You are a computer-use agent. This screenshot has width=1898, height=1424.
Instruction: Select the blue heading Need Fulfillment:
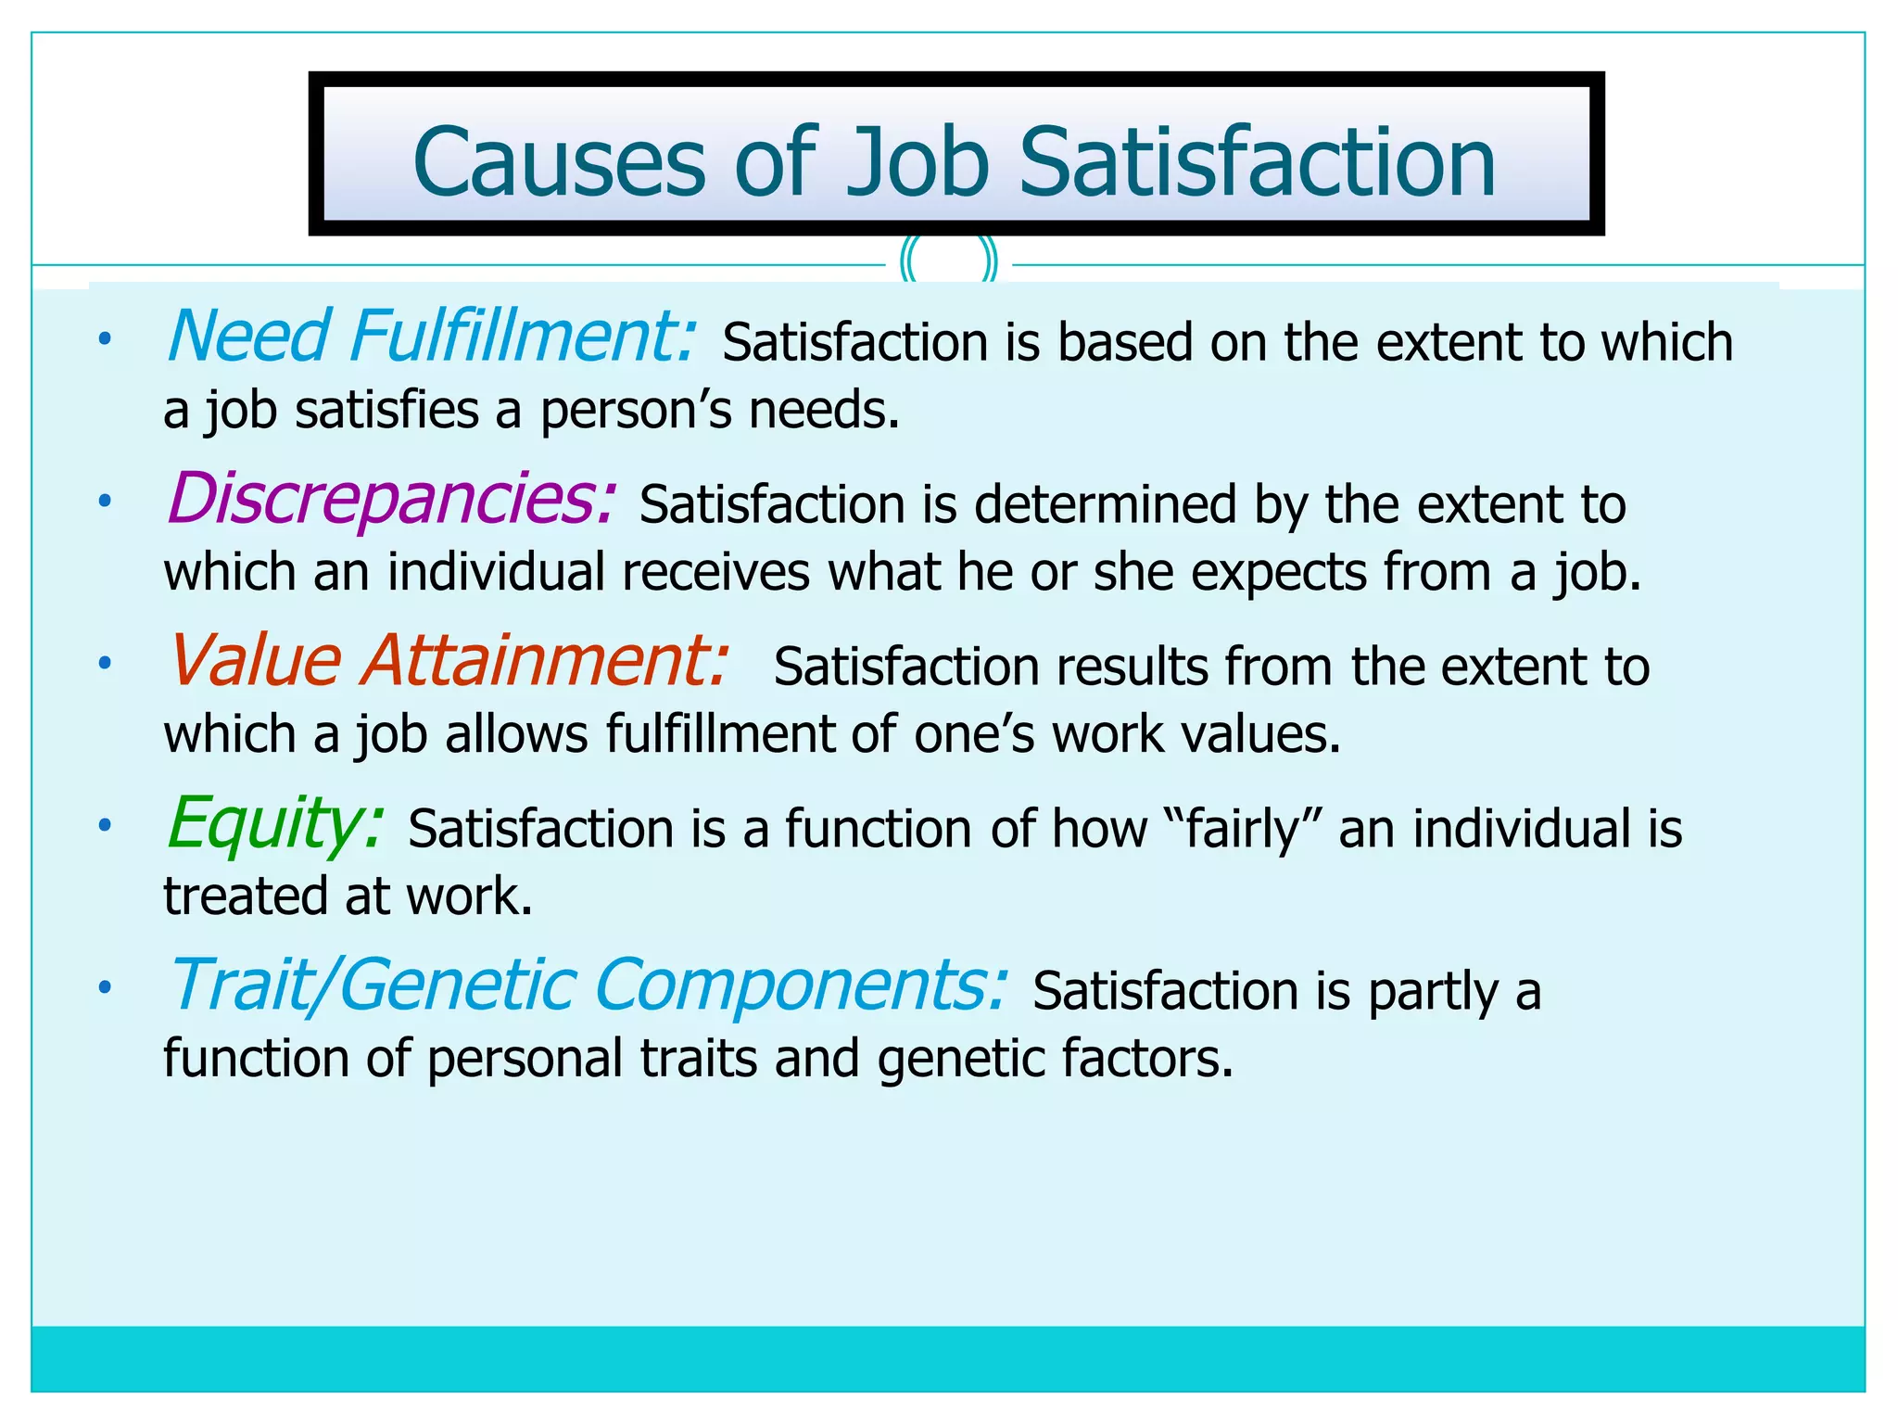click(x=431, y=337)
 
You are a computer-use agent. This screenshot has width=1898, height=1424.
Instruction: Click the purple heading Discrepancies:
click(x=390, y=499)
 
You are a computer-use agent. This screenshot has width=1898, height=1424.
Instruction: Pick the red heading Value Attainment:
click(x=448, y=661)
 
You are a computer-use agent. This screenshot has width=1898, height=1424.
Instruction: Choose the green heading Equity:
click(x=275, y=823)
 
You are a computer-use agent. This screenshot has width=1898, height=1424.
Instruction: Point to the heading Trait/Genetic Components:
click(x=587, y=985)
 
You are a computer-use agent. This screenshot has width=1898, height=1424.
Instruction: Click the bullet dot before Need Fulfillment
click(x=106, y=339)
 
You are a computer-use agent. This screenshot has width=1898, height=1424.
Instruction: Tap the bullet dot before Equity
click(x=106, y=825)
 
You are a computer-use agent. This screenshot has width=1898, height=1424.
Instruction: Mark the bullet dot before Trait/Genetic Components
click(x=106, y=987)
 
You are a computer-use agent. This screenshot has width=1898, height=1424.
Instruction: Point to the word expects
click(x=1279, y=572)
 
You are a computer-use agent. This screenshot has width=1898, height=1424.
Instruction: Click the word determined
click(x=1106, y=505)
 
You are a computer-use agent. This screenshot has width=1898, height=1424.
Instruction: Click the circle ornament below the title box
click(x=949, y=263)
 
